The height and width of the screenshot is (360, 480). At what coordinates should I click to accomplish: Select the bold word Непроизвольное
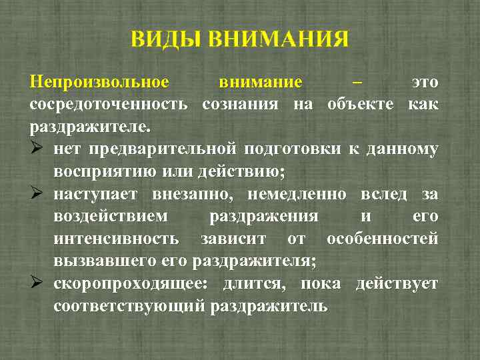(x=99, y=82)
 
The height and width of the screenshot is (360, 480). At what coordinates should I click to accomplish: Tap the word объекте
(x=362, y=104)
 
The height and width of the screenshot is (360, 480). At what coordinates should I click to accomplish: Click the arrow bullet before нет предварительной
(x=37, y=149)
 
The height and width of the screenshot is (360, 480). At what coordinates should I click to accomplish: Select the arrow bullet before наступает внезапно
(x=37, y=194)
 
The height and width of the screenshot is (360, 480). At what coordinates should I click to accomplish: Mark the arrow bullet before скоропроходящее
(x=37, y=283)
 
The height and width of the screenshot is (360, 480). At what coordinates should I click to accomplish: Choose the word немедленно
(x=297, y=194)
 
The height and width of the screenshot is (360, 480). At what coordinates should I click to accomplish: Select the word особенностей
(x=382, y=239)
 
